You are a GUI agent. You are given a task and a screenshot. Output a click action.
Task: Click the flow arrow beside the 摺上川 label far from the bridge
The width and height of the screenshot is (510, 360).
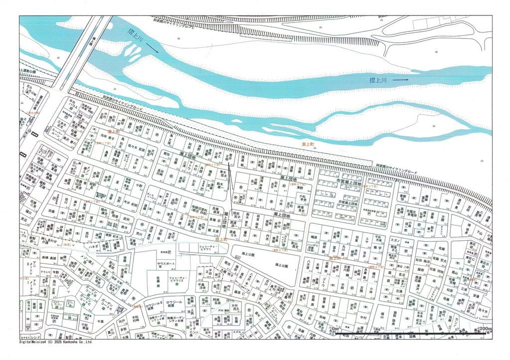point(400,79)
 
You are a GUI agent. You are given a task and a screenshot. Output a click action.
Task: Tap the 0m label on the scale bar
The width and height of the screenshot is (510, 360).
point(335,329)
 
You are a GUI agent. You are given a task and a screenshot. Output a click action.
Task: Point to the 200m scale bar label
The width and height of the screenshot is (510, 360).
point(485,329)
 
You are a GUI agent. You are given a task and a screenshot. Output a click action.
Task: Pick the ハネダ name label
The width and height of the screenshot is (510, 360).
point(93,246)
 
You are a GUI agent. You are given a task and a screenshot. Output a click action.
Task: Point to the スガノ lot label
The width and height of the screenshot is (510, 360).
point(396,240)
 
